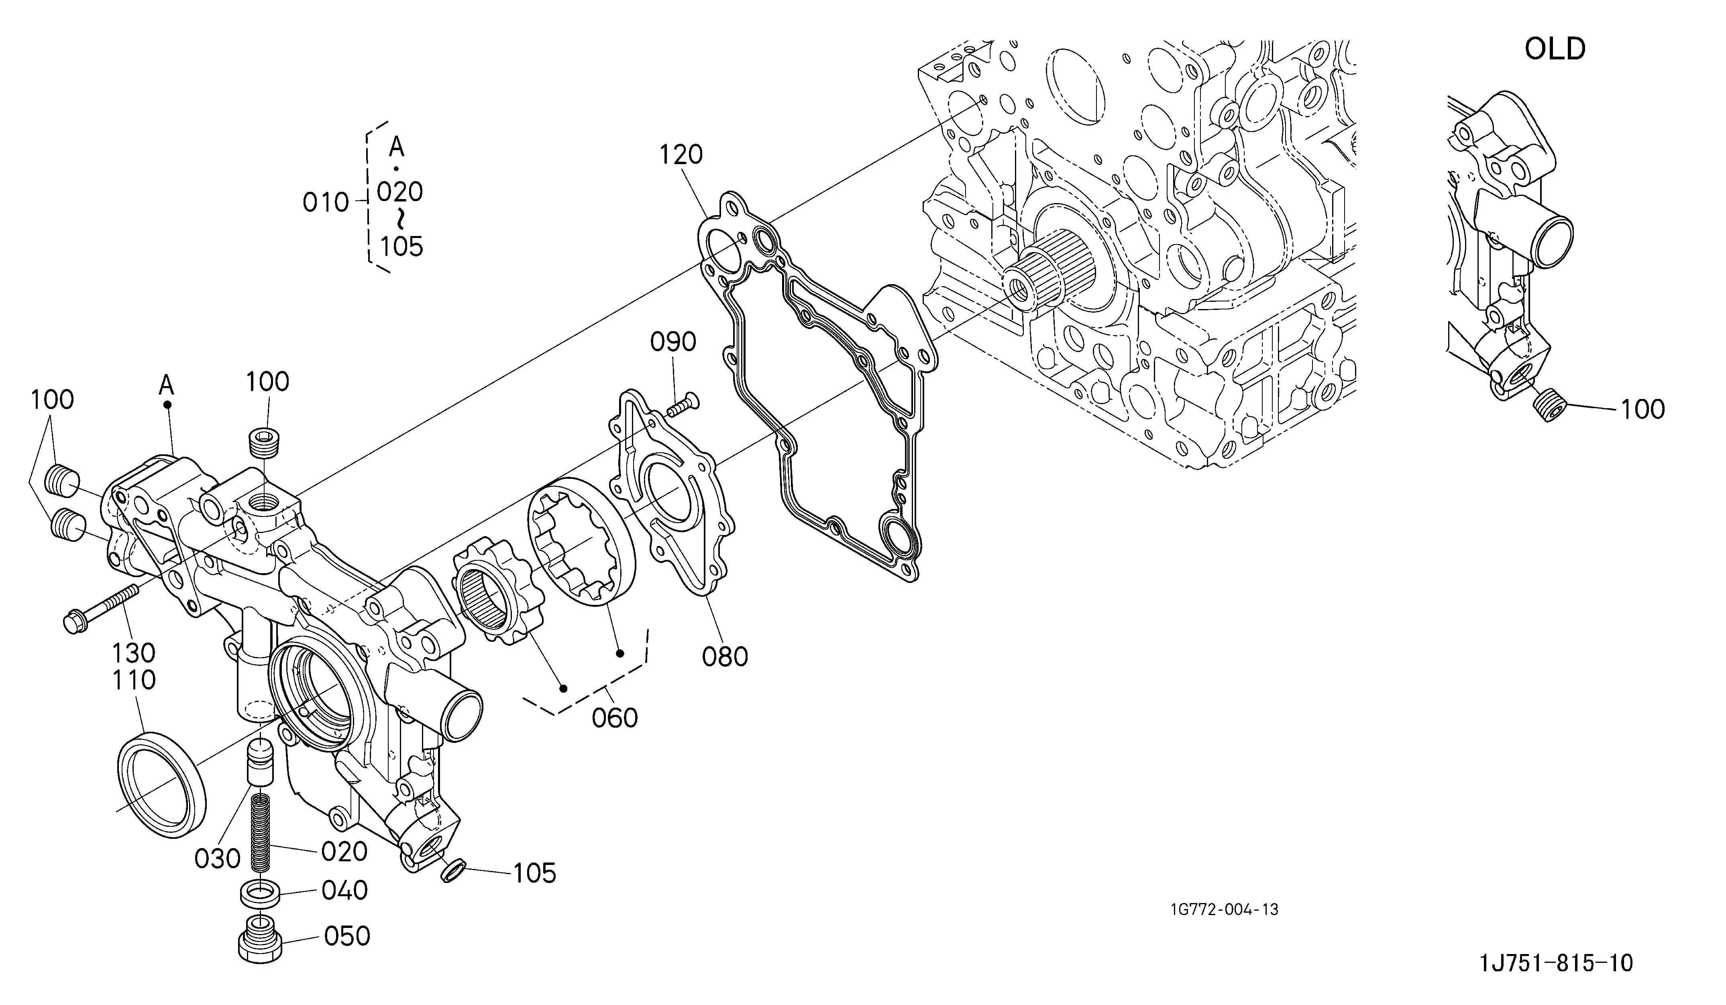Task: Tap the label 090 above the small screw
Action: click(x=673, y=342)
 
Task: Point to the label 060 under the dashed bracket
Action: click(x=615, y=718)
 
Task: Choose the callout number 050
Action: click(x=346, y=936)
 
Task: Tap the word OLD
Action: click(x=1555, y=49)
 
